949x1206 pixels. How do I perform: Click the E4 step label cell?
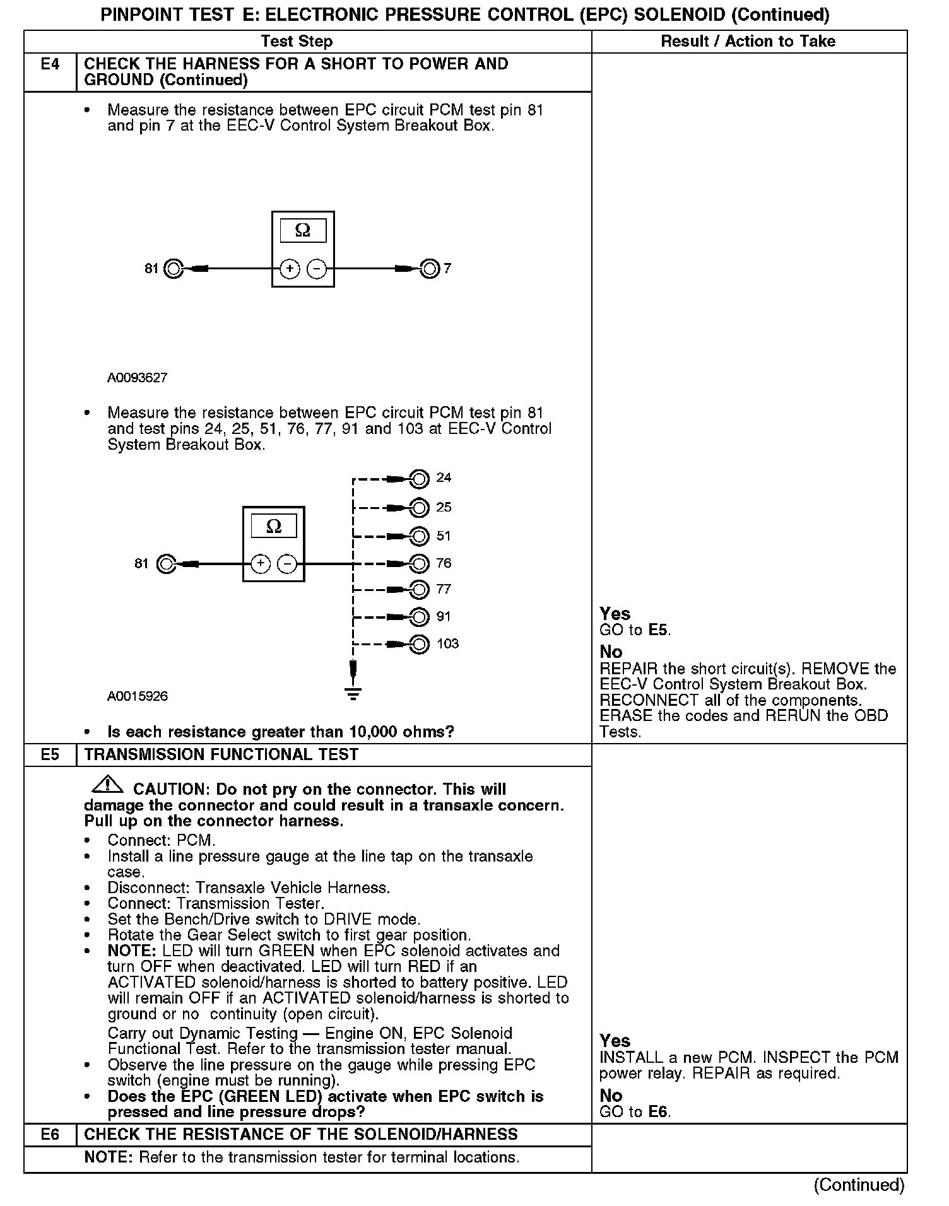(50, 65)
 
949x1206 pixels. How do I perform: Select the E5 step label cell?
(50, 755)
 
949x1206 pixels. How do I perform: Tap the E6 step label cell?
(50, 1134)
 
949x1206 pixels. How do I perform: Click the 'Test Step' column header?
(297, 42)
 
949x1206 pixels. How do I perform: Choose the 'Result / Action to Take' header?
(748, 42)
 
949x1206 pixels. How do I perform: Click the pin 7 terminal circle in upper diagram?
(430, 269)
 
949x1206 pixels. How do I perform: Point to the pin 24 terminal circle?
(419, 479)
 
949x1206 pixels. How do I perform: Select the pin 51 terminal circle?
(419, 536)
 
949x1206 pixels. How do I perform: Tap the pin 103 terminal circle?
(419, 644)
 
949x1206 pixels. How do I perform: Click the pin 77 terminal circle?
(419, 590)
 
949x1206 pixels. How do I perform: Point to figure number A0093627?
(137, 378)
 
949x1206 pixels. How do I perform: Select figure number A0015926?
(137, 696)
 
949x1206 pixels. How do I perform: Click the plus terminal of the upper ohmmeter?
(289, 269)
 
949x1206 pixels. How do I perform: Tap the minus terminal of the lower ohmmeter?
(287, 563)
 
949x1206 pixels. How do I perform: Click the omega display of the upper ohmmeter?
(303, 230)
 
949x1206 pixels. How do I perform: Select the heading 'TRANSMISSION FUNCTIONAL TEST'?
(221, 755)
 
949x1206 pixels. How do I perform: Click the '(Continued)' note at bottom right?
(859, 1185)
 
